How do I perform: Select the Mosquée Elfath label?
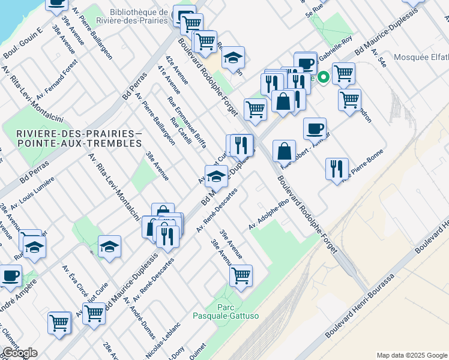[x=421, y=58]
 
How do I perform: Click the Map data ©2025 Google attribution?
[x=412, y=355]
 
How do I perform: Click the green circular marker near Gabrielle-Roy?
[x=323, y=77]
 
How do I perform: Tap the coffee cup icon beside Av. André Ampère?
[x=10, y=275]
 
